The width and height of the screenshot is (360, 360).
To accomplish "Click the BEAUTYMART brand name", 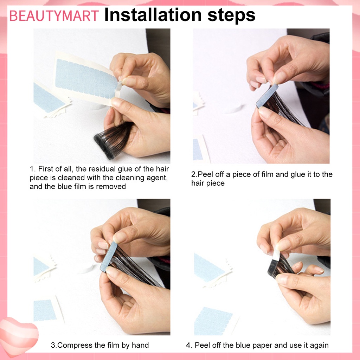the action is [x=54, y=16].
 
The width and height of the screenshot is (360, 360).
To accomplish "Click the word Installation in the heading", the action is [x=153, y=15].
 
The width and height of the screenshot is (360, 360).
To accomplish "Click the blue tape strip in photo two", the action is [x=267, y=96].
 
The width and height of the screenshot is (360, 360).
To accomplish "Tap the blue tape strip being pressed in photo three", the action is [x=109, y=256].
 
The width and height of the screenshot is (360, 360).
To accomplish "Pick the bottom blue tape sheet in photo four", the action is [x=213, y=321].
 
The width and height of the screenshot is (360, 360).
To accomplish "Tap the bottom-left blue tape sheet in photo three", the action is [x=45, y=310].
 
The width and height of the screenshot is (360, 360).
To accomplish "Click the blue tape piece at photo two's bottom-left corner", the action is [x=198, y=149].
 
